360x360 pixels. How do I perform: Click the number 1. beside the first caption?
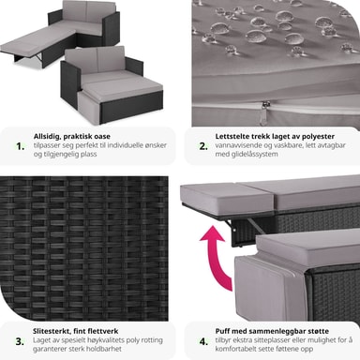pos(21,146)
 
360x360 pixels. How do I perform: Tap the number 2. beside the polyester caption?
pos(203,146)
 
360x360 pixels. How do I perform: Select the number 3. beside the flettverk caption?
pos(20,341)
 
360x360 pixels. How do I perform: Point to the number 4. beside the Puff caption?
pos(203,341)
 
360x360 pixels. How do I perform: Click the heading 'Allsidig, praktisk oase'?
pos(72,137)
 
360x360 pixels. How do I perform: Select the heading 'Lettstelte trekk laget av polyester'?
pos(275,137)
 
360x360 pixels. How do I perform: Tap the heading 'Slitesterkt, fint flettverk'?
pos(76,331)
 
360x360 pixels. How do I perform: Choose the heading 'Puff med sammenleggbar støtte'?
pos(272,331)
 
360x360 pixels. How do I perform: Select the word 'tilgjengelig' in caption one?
pos(59,154)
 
